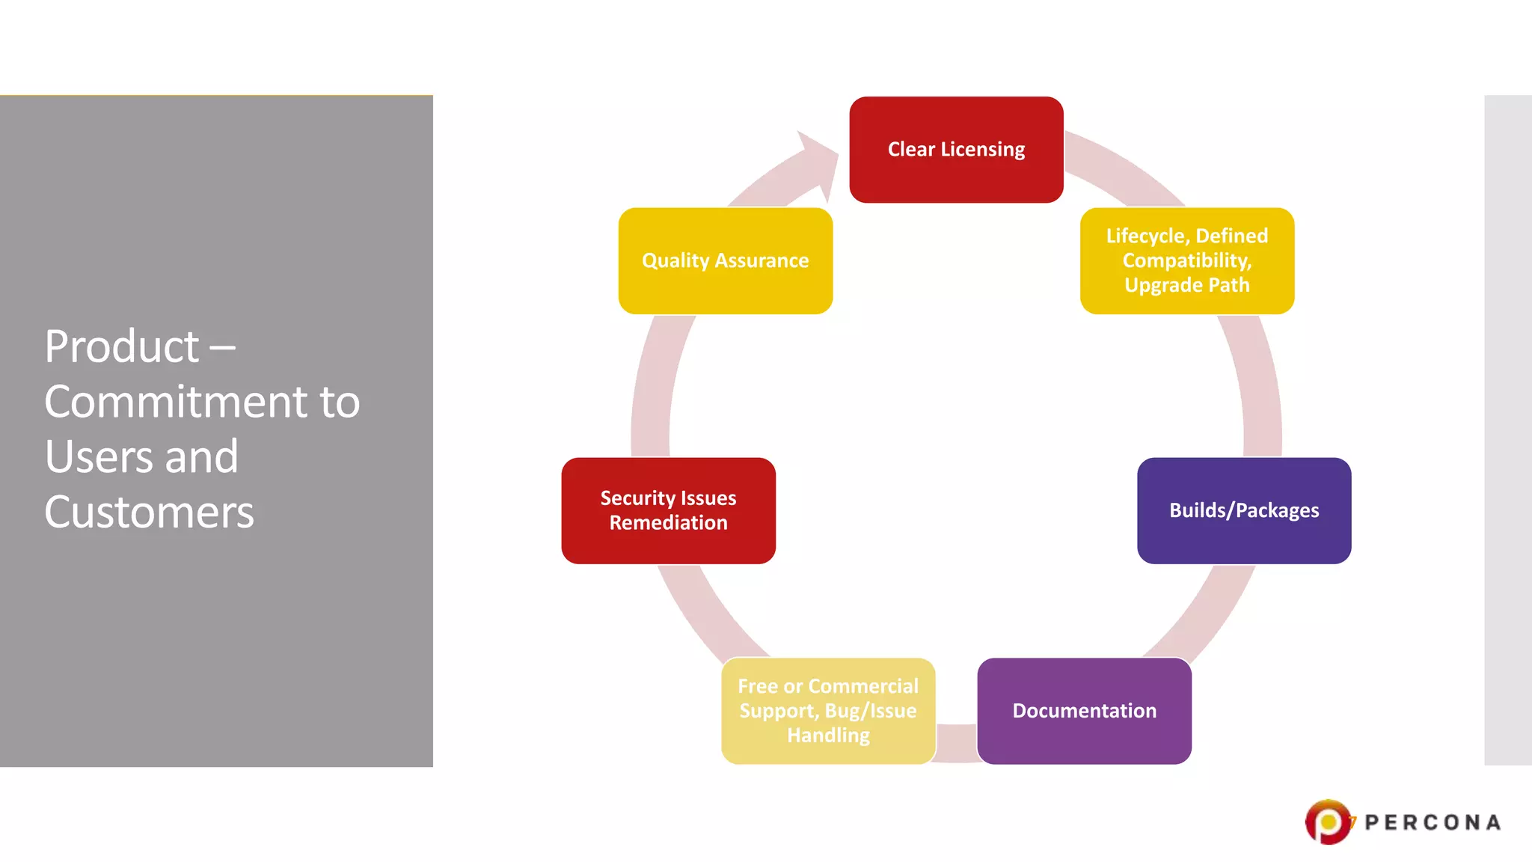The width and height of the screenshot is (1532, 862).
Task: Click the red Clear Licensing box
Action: pos(956,150)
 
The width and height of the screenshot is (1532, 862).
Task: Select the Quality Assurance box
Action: pos(725,260)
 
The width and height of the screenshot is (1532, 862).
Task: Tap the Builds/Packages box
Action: pos(1243,510)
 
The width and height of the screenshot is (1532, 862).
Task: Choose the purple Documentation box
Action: pos(1084,711)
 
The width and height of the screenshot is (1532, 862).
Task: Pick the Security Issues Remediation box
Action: pos(668,510)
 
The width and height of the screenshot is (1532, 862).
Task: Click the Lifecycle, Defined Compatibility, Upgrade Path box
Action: pos(1186,260)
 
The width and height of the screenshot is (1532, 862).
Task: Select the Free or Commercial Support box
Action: pos(828,711)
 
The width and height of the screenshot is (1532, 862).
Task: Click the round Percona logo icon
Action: pos(1328,822)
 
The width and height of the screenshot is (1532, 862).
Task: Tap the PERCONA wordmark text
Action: pos(1432,823)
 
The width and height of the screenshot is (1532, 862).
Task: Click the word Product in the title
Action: pos(122,346)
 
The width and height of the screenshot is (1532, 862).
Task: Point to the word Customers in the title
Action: pos(149,513)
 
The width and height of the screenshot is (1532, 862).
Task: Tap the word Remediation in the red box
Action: pos(668,523)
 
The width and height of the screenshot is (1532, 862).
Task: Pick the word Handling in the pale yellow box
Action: pos(828,736)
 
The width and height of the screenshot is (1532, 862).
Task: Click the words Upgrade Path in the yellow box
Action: pos(1186,285)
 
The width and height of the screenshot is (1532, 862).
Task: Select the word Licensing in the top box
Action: pos(982,150)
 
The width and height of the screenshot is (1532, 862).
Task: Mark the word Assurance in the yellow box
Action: pos(762,260)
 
